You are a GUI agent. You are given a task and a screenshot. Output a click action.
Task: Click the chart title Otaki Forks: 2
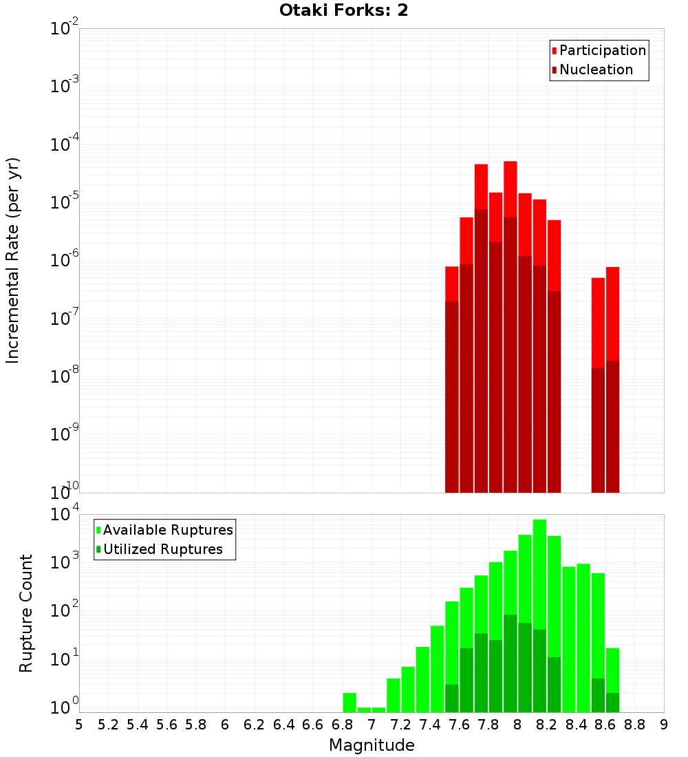click(x=343, y=10)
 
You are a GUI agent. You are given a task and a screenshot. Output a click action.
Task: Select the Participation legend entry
click(x=602, y=50)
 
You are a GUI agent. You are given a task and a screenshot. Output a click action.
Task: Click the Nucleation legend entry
click(x=595, y=70)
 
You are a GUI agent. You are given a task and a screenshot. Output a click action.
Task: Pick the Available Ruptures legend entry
click(x=167, y=530)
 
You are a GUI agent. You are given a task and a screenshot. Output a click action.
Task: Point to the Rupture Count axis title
click(x=26, y=612)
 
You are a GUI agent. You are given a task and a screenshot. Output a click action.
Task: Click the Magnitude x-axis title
click(x=372, y=745)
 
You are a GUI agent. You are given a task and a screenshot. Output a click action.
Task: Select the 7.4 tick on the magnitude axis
click(x=430, y=725)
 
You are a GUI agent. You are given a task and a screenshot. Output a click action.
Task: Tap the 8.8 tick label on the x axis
click(x=634, y=725)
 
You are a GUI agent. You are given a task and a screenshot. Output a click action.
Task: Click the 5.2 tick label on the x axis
click(x=109, y=725)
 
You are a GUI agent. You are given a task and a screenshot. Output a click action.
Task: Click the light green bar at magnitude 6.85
click(x=350, y=702)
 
